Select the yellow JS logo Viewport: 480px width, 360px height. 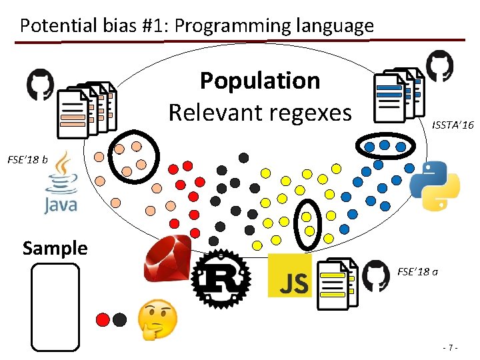289,275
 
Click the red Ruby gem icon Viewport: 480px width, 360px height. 168,261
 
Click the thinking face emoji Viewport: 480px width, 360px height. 157,318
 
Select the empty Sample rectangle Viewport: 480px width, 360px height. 55,306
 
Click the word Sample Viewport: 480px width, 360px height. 55,248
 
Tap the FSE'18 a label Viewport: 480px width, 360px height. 417,271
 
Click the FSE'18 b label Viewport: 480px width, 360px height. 27,159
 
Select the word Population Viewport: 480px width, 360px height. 260,81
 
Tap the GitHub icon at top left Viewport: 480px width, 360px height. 40,85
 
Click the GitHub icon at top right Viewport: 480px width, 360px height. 439,66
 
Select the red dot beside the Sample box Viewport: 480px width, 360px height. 103,319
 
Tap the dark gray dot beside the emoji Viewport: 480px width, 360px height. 120,319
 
